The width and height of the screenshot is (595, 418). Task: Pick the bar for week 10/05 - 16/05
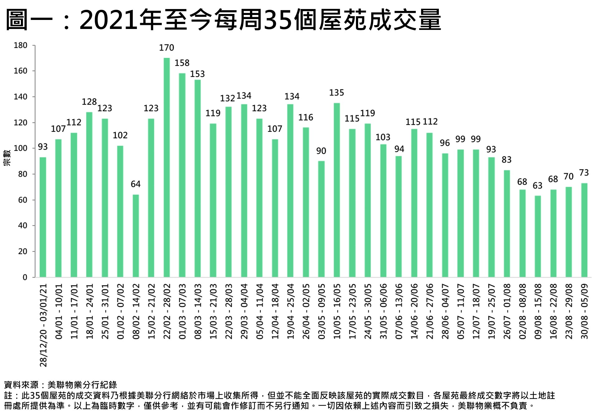[337, 190]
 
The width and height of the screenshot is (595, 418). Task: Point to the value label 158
[182, 63]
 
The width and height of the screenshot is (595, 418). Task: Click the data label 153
[197, 74]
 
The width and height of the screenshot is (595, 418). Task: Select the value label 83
[506, 160]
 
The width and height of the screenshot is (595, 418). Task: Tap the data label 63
[537, 186]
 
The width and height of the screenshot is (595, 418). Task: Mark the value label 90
[321, 151]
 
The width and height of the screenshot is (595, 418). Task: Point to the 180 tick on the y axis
[21, 45]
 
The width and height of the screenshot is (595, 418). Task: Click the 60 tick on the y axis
[23, 200]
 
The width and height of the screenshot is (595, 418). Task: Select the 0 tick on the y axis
[25, 277]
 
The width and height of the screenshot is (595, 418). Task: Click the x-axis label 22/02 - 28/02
[167, 311]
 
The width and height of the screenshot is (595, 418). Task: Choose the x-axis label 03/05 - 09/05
[321, 311]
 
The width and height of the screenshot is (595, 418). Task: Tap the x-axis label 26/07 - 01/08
[507, 311]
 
